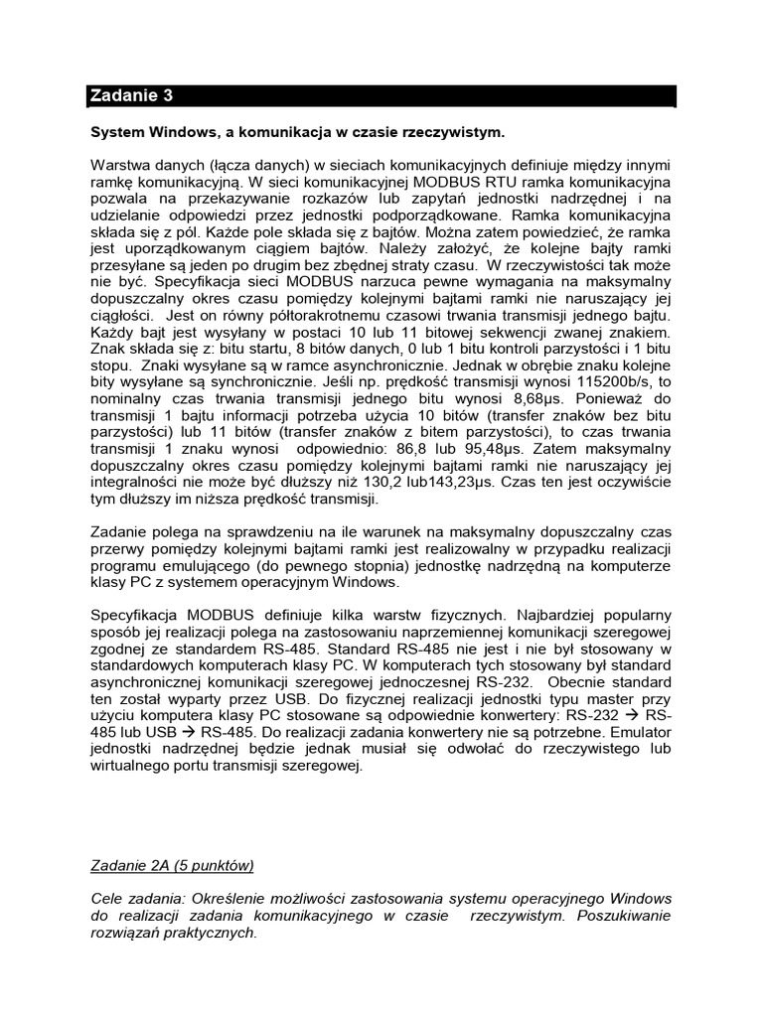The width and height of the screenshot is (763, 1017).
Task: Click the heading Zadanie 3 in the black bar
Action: [131, 96]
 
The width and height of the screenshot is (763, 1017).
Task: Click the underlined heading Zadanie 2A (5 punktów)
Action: [171, 866]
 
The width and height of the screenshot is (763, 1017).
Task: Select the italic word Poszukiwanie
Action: [625, 916]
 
